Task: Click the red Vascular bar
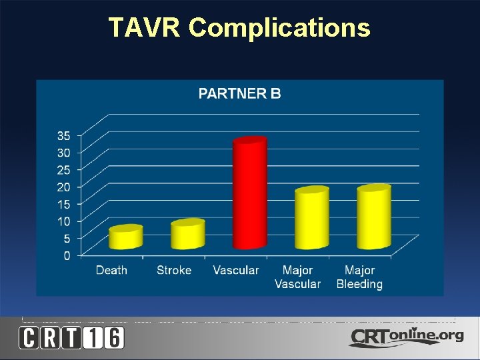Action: (x=250, y=193)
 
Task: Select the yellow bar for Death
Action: (x=126, y=238)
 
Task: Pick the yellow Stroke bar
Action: (x=187, y=235)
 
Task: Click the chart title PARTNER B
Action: (x=240, y=93)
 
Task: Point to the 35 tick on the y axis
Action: (x=63, y=135)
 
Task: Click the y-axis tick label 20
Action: (x=63, y=187)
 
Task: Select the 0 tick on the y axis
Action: (x=66, y=255)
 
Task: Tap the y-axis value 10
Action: (x=63, y=221)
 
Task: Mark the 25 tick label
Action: (x=63, y=169)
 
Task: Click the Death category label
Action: (x=111, y=270)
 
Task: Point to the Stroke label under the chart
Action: (x=174, y=270)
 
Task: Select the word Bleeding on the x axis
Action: (x=359, y=284)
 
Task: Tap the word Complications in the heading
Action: (x=279, y=28)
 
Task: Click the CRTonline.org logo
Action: (x=406, y=337)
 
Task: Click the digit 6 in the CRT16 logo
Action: (x=113, y=337)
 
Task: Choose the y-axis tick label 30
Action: (x=63, y=152)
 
